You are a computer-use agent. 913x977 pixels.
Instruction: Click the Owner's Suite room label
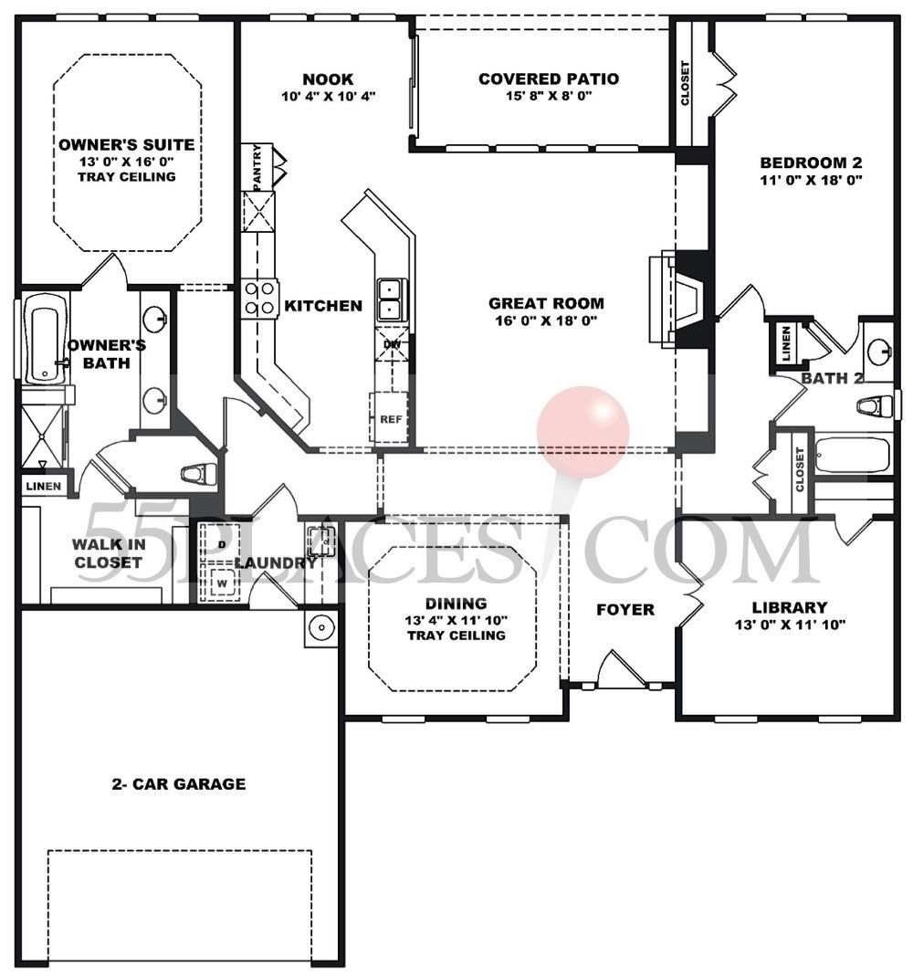coord(126,145)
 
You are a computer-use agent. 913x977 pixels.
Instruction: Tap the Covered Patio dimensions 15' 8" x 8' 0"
coord(548,96)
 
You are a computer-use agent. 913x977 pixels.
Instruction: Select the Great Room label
coord(546,304)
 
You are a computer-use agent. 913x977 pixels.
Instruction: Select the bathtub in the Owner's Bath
coord(42,338)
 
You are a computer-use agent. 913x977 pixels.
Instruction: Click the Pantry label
coord(258,167)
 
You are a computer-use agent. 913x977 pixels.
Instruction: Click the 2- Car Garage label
coord(179,783)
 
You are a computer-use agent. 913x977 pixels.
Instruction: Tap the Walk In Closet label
coord(108,553)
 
